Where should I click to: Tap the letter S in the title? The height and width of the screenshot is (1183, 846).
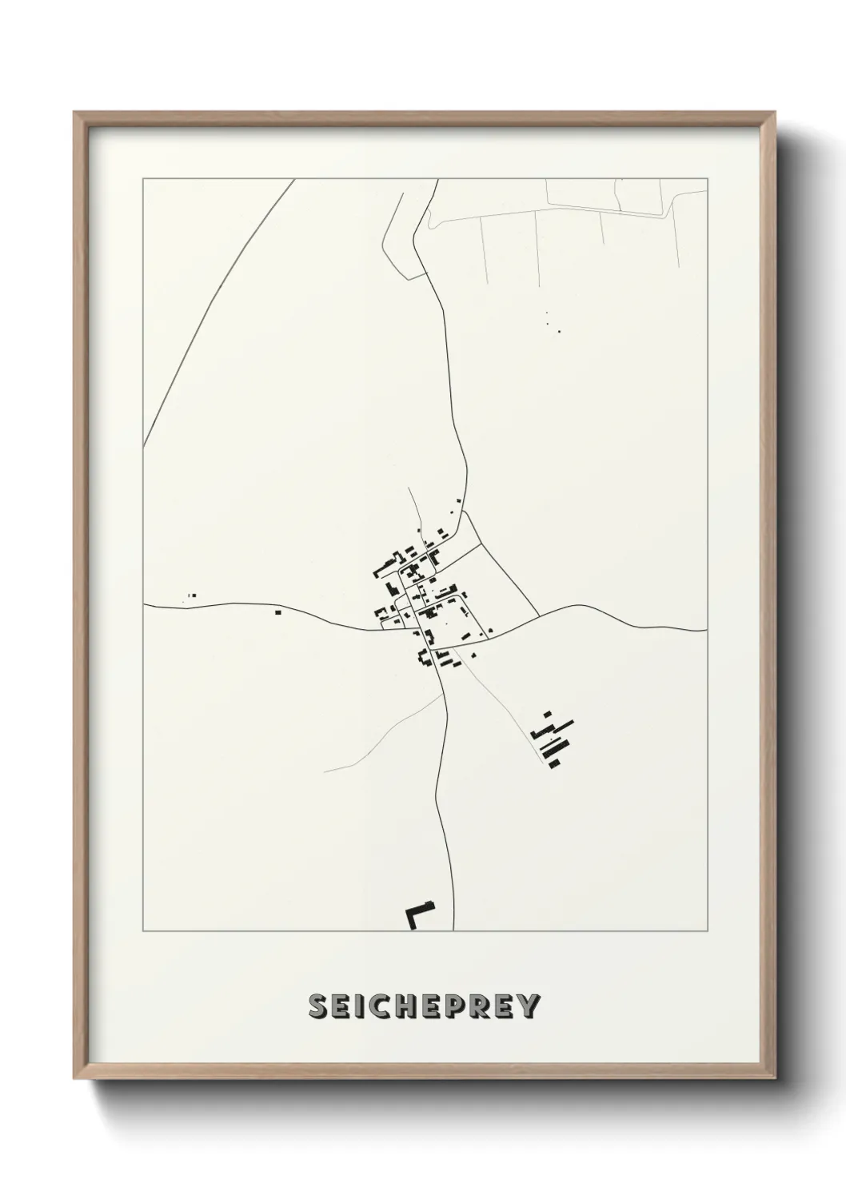(x=317, y=1007)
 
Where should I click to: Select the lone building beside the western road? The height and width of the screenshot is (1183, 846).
(x=277, y=612)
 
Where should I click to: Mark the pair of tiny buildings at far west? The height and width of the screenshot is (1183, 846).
(x=190, y=595)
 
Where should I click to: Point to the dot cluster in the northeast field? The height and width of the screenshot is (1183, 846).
(x=551, y=323)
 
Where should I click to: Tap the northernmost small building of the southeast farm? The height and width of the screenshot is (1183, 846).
(x=548, y=713)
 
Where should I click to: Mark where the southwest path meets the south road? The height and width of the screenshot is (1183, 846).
(x=444, y=695)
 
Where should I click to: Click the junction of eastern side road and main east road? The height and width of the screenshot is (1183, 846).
(x=538, y=615)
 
